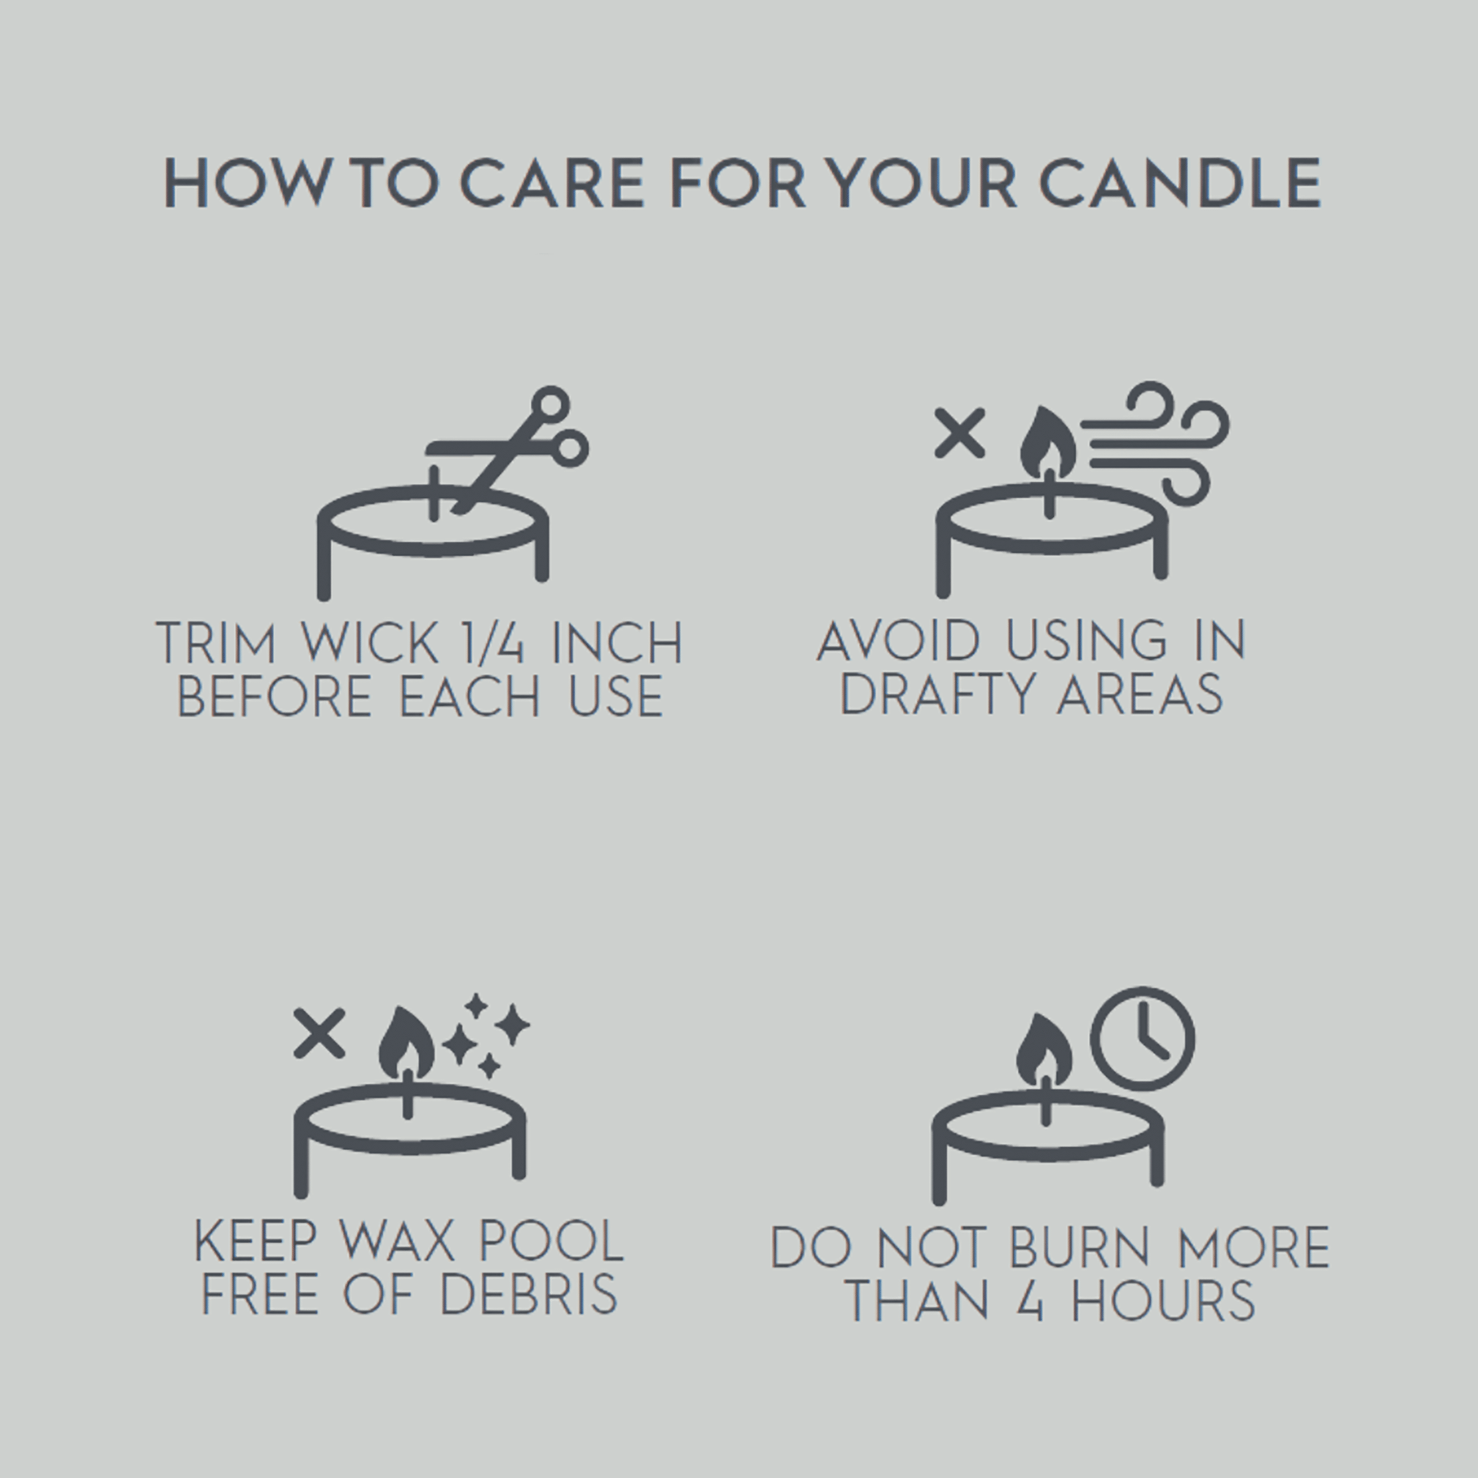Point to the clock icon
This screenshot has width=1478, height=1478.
click(1142, 1038)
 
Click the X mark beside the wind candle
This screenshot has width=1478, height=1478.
click(959, 434)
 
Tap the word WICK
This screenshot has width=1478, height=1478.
click(370, 642)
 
